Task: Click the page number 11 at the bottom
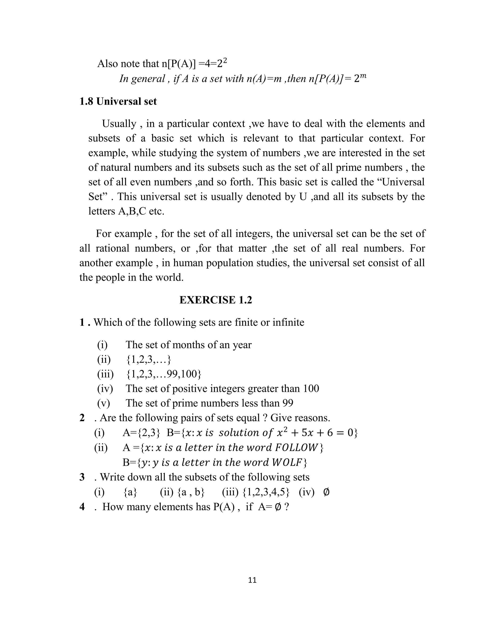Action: pos(253,580)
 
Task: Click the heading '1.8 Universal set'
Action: pos(118,101)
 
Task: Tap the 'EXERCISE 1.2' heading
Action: pos(216,300)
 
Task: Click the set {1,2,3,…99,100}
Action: pos(164,374)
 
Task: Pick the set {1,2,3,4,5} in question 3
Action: pos(266,492)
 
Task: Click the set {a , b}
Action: pos(191,492)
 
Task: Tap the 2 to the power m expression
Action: pos(360,78)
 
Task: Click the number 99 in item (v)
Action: pos(288,403)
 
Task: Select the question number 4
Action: pos(82,506)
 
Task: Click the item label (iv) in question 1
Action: pos(105,388)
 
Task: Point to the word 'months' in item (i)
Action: pos(189,345)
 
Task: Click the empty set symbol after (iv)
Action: pos(326,492)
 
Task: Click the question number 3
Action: pos(82,477)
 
